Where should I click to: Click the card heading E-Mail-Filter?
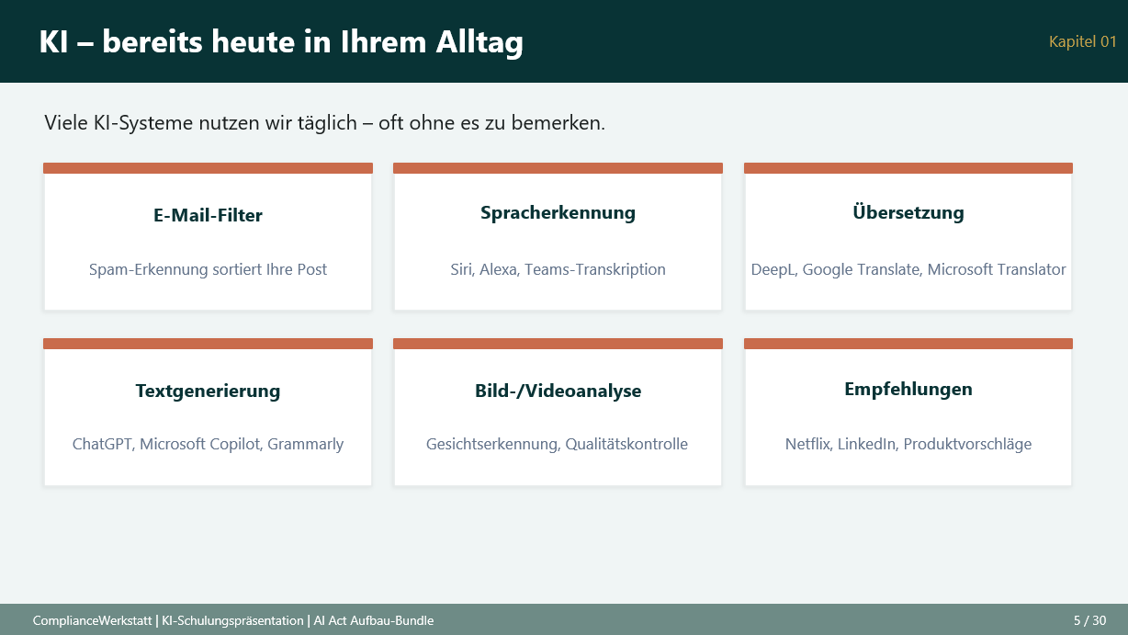point(208,216)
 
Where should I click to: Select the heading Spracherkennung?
point(558,213)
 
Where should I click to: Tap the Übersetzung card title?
point(908,213)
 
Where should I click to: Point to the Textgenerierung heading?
point(208,391)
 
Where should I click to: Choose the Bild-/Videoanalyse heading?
point(558,391)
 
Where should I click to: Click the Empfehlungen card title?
point(908,389)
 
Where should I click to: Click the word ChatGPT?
point(103,445)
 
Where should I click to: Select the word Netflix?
point(807,445)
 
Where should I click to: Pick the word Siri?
point(460,270)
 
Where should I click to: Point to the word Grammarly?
point(305,445)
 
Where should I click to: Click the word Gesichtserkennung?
point(491,445)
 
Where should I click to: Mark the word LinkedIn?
point(866,445)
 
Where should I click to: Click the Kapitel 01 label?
point(1082,41)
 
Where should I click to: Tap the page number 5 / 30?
point(1089,620)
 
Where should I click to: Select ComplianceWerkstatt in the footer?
point(91,620)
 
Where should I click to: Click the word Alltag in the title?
point(477,42)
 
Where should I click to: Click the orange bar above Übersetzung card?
point(908,168)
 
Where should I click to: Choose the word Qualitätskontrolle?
point(626,445)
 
